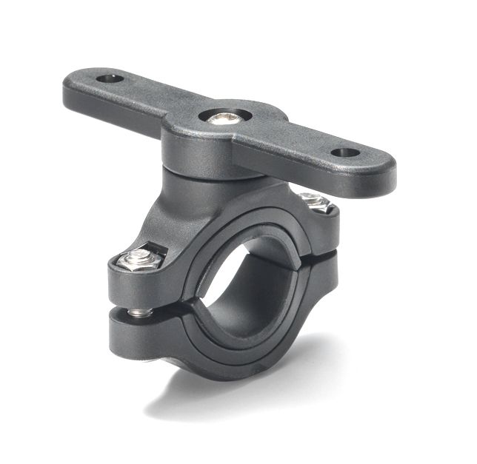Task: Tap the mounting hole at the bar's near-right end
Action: (344, 153)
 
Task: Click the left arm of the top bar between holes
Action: (148, 100)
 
